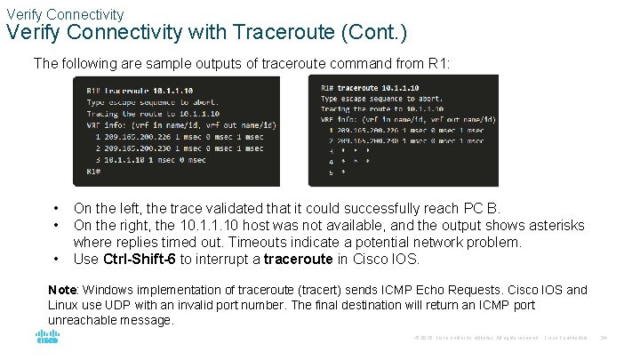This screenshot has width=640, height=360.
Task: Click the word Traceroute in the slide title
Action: [x=316, y=34]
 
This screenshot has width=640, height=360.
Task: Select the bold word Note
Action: [x=62, y=290]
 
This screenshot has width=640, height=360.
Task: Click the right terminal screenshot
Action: [x=403, y=130]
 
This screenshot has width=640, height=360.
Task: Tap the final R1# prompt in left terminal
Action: [x=93, y=171]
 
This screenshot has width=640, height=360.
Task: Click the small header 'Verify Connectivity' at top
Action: [x=65, y=14]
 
